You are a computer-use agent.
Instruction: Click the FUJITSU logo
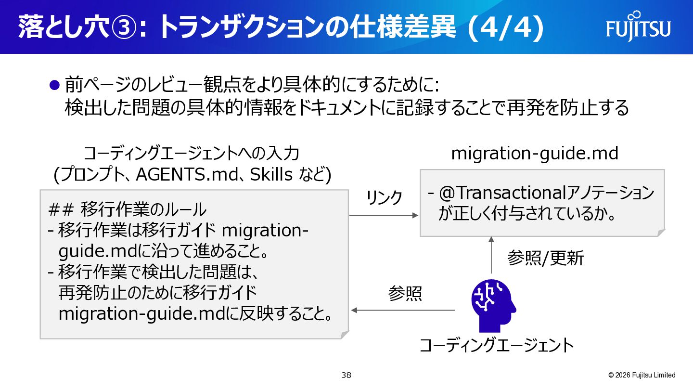(638, 26)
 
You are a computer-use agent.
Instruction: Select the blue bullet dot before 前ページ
(54, 85)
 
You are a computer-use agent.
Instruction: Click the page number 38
(346, 375)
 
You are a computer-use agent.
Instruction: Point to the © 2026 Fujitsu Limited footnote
(642, 375)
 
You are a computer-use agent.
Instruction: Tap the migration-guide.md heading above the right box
(535, 154)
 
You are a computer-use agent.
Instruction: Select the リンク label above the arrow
(384, 197)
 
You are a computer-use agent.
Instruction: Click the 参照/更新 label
(545, 258)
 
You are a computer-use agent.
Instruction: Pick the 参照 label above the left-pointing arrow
(405, 293)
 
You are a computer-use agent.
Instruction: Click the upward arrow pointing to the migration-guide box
(491, 255)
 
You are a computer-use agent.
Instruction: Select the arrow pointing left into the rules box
(403, 310)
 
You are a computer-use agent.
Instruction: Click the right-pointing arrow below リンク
(384, 215)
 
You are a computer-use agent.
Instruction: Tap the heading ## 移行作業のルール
(128, 209)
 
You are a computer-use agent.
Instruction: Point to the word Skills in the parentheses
(271, 175)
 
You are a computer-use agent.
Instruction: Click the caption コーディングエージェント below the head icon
(497, 345)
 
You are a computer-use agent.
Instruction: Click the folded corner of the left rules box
(345, 335)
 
